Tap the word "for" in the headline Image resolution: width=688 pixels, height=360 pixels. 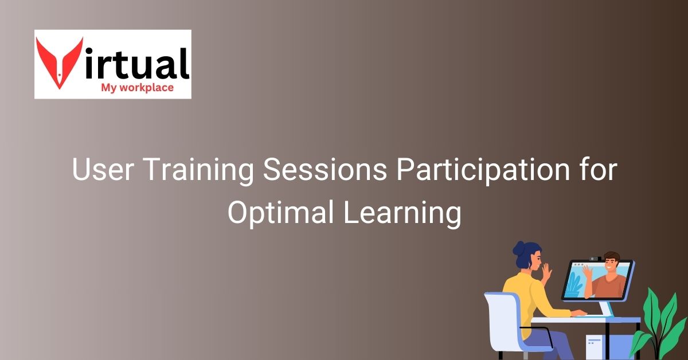[597, 171]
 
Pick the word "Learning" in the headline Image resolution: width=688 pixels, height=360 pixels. [402, 213]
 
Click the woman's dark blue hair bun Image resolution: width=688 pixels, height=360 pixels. [519, 248]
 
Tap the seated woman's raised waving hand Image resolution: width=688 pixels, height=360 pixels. [546, 272]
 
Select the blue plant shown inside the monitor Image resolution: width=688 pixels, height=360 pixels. [574, 283]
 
